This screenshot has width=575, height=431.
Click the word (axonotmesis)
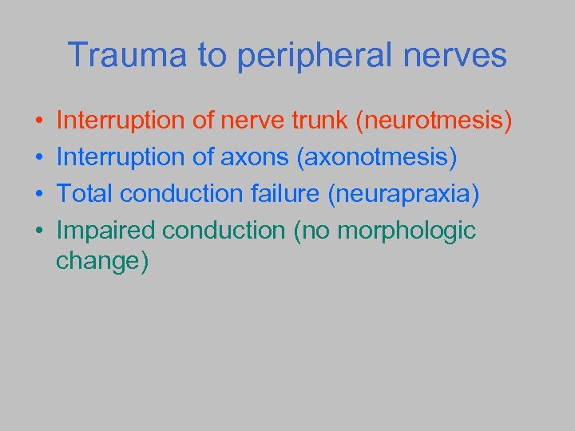click(377, 158)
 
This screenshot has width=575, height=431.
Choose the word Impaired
click(106, 231)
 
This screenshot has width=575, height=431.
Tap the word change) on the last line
click(102, 262)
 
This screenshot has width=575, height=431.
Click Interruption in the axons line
click(121, 158)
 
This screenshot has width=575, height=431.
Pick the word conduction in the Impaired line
click(224, 231)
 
